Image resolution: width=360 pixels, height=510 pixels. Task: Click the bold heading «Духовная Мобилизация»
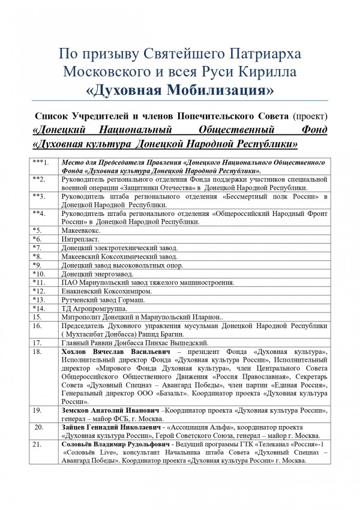click(180, 91)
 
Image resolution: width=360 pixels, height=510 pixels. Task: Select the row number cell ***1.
click(42, 163)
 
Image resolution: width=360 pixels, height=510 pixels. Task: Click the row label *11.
click(40, 283)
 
